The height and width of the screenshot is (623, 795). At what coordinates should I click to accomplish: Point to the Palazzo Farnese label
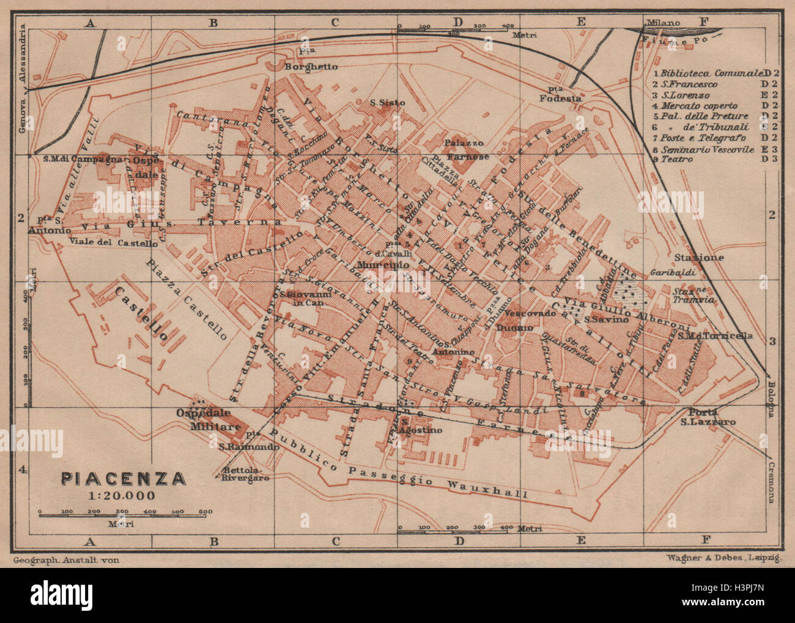pyautogui.click(x=467, y=150)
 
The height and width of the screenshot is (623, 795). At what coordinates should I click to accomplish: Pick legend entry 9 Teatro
pyautogui.click(x=673, y=159)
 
